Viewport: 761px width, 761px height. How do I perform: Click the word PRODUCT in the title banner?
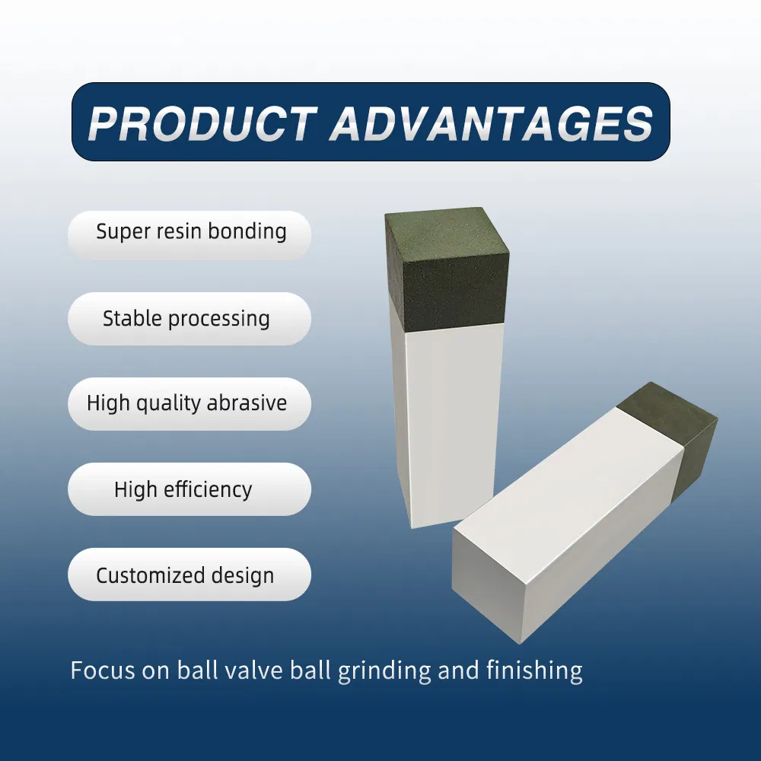pyautogui.click(x=202, y=123)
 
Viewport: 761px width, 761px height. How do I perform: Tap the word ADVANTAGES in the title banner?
pyautogui.click(x=492, y=123)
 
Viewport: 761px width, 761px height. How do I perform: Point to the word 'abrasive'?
pyautogui.click(x=247, y=403)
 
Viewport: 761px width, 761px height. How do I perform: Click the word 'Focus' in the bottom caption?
pyautogui.click(x=103, y=670)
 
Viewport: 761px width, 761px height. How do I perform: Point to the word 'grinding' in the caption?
pyautogui.click(x=384, y=671)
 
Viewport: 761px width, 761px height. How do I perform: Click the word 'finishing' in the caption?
pyautogui.click(x=534, y=671)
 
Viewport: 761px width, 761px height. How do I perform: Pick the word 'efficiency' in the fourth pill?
pyautogui.click(x=208, y=489)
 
